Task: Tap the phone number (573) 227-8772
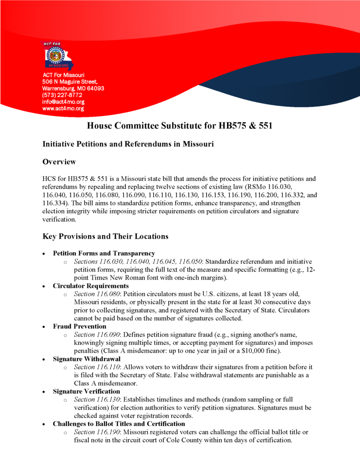tap(62, 95)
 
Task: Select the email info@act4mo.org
tap(63, 102)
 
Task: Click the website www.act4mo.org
tap(63, 109)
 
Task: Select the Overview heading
tap(59, 162)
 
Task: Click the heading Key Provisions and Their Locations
tap(105, 236)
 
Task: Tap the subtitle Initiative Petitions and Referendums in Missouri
tap(128, 144)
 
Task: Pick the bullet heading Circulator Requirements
tap(91, 286)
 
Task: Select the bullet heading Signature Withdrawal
tap(86, 359)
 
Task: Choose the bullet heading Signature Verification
tap(86, 391)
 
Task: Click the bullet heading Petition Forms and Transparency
tap(104, 253)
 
